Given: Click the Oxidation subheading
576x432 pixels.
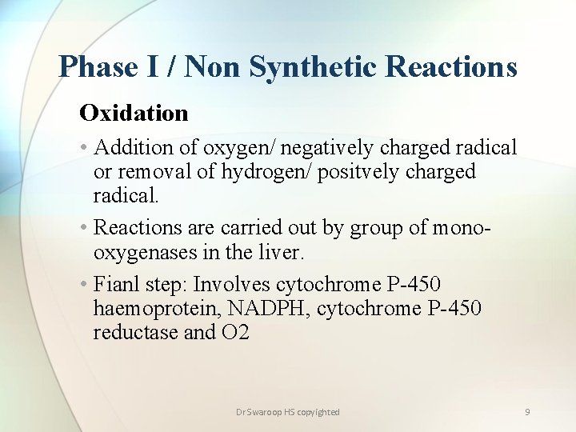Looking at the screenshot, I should click(x=134, y=113).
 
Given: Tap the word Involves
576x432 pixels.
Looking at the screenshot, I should click(x=232, y=285).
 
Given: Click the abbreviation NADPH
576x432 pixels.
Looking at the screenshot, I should click(x=270, y=309).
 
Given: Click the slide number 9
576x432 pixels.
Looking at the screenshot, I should click(x=527, y=412).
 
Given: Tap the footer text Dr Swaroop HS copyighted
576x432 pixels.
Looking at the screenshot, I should click(x=288, y=412).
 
